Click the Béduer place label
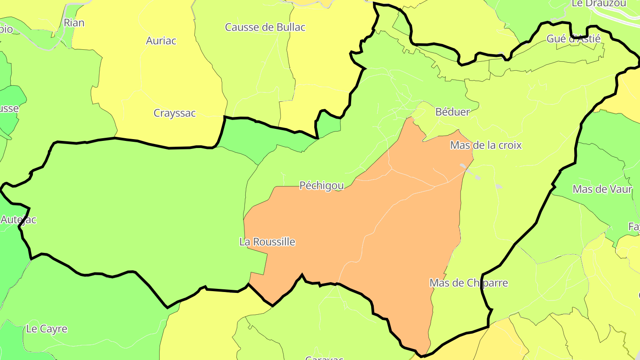click(452, 112)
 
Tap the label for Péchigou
click(321, 186)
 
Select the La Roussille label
click(267, 242)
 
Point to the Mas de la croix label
click(486, 145)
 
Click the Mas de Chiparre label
click(468, 283)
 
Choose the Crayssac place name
click(175, 113)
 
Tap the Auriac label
click(161, 41)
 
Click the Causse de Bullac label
click(265, 28)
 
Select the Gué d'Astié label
click(573, 39)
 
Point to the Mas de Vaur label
click(602, 189)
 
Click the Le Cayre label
click(47, 329)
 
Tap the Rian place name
click(74, 23)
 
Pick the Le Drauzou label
click(599, 4)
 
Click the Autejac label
click(18, 220)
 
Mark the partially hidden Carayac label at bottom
click(324, 357)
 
